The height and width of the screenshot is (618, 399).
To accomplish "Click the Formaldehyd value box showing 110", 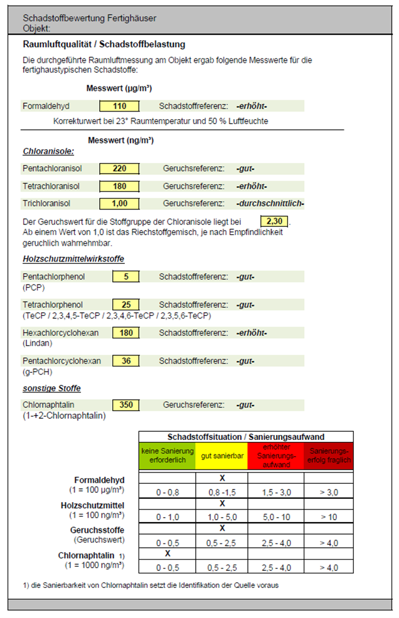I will (119, 107).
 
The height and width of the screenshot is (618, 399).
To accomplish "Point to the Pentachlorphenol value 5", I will (125, 276).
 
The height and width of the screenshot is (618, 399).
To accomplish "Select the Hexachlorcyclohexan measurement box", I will (125, 333).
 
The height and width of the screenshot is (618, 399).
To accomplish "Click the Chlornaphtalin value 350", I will (125, 405).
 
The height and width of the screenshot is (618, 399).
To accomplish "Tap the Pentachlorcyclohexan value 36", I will (125, 361).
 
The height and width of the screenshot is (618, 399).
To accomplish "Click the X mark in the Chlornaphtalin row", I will (168, 554).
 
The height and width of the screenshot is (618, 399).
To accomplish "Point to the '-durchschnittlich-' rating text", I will (270, 204).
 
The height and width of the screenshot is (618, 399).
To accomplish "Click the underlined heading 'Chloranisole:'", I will (48, 152).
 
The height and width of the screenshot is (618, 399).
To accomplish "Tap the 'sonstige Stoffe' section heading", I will (51, 389).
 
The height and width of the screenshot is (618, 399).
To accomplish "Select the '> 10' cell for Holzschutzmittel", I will (328, 517).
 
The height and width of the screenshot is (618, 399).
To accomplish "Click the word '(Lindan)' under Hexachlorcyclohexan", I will (37, 343).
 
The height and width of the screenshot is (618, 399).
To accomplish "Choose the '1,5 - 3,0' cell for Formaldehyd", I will (275, 493).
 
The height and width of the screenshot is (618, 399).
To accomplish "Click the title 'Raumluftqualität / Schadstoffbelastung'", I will (104, 45).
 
